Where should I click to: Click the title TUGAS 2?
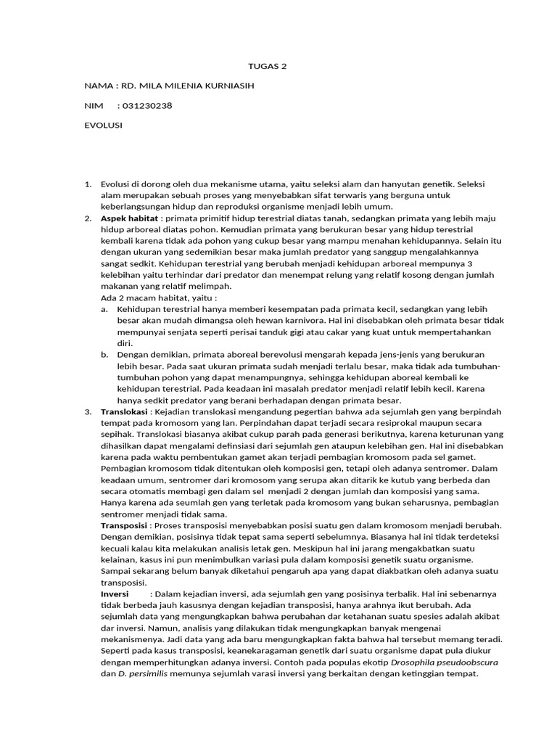pos(268,66)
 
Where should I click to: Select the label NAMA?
pos(98,86)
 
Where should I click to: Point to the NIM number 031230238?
pos(148,105)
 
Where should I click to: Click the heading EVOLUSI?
pos(103,125)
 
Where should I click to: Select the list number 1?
pos(87,184)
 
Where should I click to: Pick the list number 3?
pos(87,411)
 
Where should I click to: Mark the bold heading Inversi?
pos(114,594)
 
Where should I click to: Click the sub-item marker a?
pos(104,309)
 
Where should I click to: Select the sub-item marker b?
pos(104,354)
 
